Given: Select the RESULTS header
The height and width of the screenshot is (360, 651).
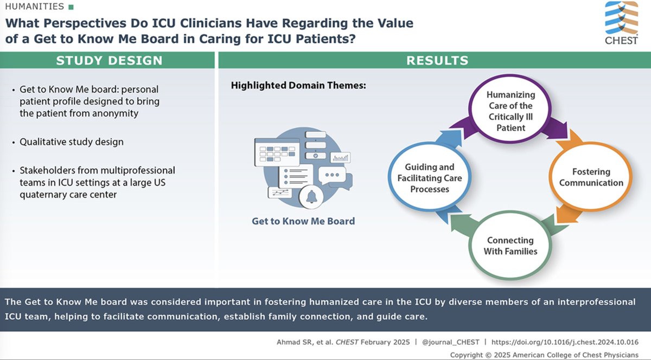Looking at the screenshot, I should click(x=434, y=61).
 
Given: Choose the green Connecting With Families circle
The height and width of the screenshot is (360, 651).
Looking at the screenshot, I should click(x=510, y=246).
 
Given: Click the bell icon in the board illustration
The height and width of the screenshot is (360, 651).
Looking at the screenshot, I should click(x=312, y=197).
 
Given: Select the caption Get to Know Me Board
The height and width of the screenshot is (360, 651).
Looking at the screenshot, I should click(x=303, y=221).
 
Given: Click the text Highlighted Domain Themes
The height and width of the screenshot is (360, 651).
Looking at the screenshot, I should click(x=282, y=86).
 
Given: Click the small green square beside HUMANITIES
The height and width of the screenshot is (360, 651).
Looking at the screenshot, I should click(x=70, y=8).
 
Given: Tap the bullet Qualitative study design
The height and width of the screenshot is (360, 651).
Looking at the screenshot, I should click(x=72, y=142).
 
